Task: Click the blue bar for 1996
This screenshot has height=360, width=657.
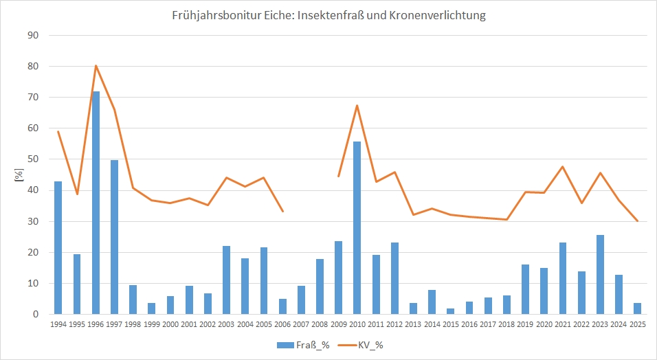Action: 96,203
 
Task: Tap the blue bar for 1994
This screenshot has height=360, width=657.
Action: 58,247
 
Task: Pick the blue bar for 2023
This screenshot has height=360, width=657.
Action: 600,275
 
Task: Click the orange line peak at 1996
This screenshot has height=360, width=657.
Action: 96,66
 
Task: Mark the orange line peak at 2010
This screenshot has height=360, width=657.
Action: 357,106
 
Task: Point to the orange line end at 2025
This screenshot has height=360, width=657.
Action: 638,221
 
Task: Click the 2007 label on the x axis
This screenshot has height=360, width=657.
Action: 301,326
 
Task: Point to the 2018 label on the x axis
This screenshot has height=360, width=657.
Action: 506,326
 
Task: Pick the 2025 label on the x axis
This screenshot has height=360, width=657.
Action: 638,326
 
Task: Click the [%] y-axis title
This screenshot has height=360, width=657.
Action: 19,175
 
